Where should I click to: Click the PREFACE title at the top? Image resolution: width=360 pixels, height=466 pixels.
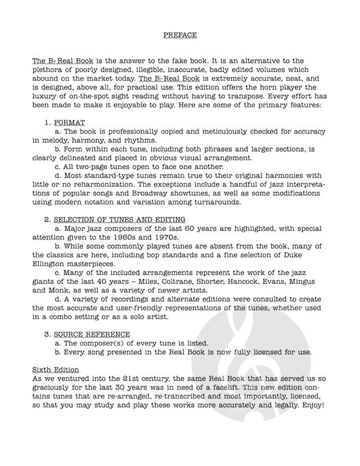[180, 34]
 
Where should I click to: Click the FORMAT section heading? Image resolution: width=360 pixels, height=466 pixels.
[69, 122]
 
